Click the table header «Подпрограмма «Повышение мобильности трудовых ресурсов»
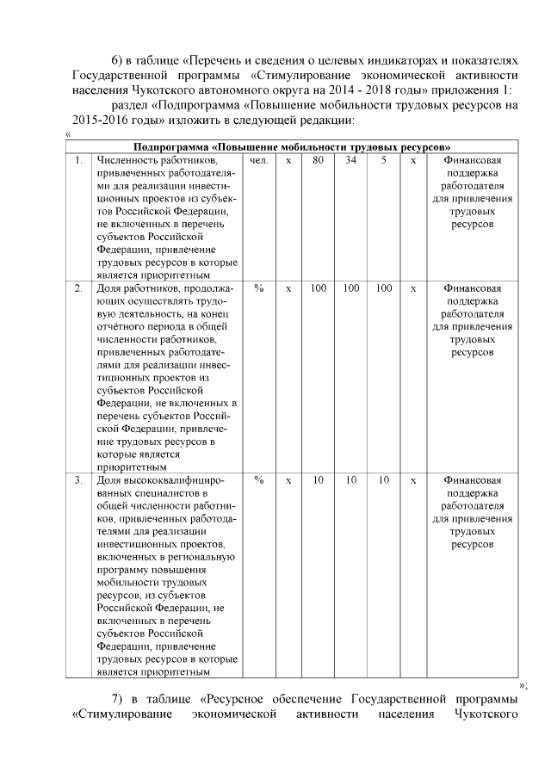(x=293, y=146)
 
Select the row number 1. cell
(x=78, y=160)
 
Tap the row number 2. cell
(x=78, y=287)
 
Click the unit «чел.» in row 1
(x=258, y=160)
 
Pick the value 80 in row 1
(x=318, y=160)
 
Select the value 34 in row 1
(x=350, y=160)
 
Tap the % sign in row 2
(x=258, y=287)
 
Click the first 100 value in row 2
(x=318, y=287)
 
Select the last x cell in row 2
(x=414, y=287)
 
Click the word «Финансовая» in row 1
(x=472, y=160)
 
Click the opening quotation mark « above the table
(x=68, y=133)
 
